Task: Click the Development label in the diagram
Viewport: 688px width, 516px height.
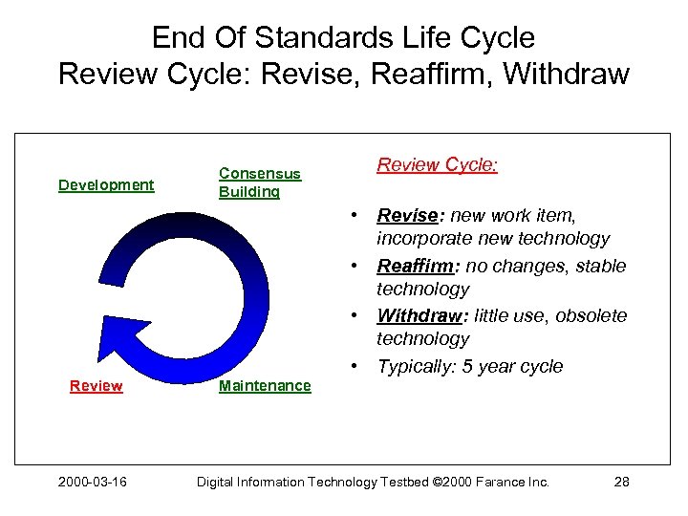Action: point(106,184)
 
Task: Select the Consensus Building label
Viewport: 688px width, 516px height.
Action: point(259,183)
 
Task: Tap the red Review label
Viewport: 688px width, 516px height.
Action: point(96,386)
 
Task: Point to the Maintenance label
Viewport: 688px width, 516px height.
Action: point(265,386)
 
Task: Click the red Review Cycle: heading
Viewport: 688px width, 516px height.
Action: point(437,164)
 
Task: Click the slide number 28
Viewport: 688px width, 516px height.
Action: point(620,482)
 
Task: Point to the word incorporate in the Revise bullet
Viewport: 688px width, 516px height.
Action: point(424,239)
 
